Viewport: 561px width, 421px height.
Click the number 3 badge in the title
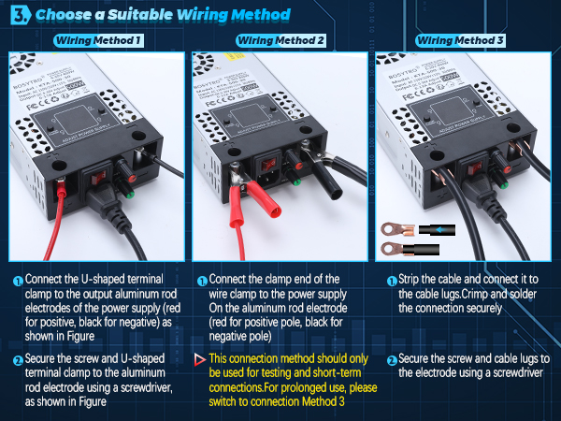pos(19,15)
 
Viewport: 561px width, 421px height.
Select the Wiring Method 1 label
pos(98,40)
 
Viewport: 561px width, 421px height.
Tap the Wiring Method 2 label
pos(280,40)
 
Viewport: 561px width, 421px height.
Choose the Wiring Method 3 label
pos(461,40)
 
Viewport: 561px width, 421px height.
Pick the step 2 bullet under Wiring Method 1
pos(18,360)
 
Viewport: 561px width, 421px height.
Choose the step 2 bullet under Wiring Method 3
pos(391,359)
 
